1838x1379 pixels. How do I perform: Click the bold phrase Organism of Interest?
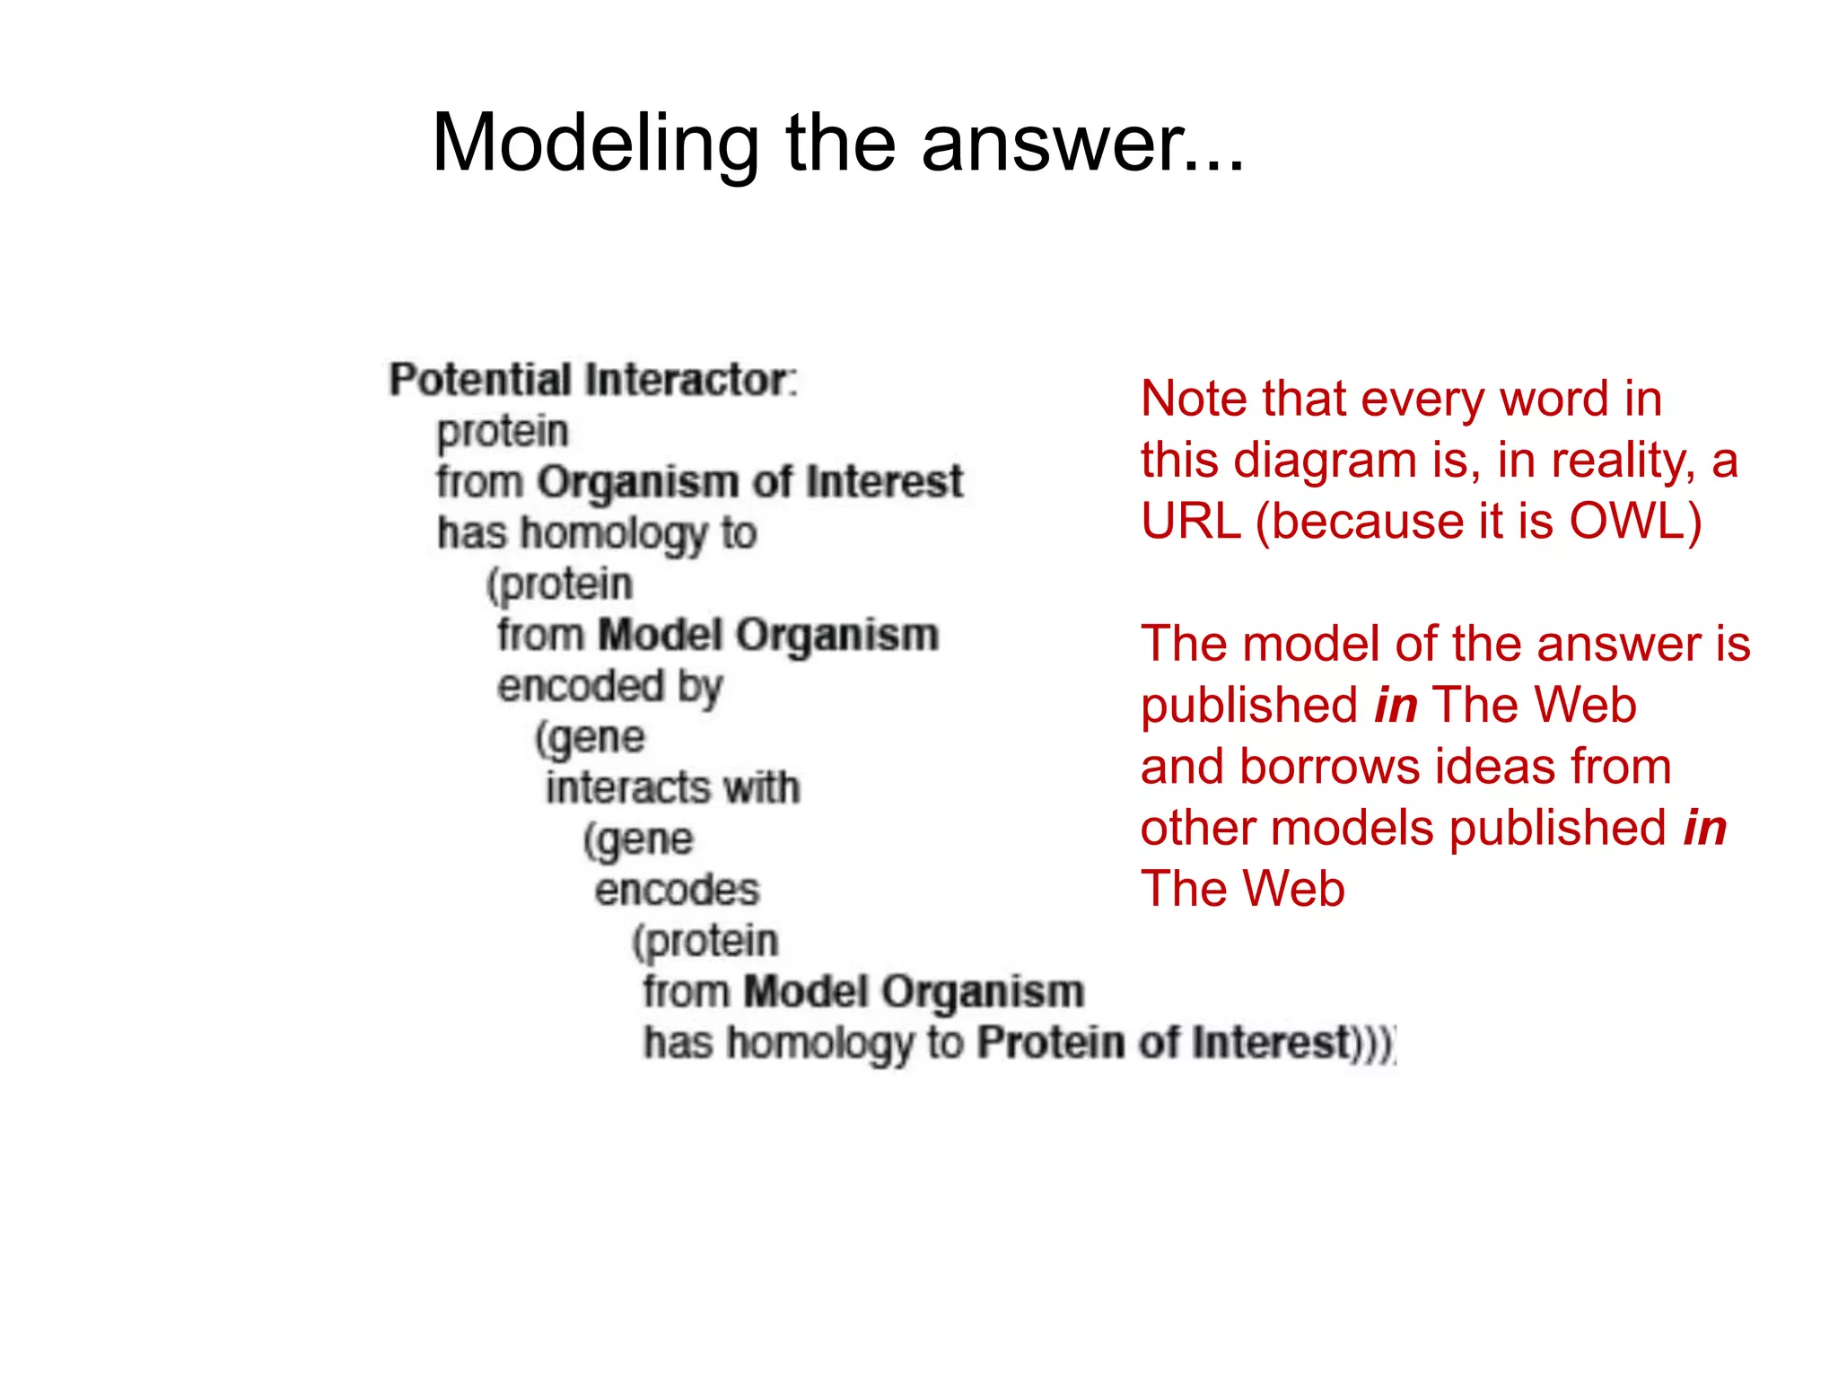coord(749,482)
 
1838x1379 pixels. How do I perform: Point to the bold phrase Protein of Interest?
coord(1163,1043)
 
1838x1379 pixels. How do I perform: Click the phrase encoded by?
coord(610,687)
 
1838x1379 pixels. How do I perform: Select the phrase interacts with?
coord(672,788)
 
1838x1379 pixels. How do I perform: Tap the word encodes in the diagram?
coord(677,891)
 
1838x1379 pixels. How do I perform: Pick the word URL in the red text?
coord(1190,521)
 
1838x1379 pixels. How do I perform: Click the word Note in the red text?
coord(1193,399)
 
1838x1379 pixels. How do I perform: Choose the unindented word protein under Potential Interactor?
coord(503,432)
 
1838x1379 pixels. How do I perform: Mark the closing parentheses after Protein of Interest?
coord(1373,1044)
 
